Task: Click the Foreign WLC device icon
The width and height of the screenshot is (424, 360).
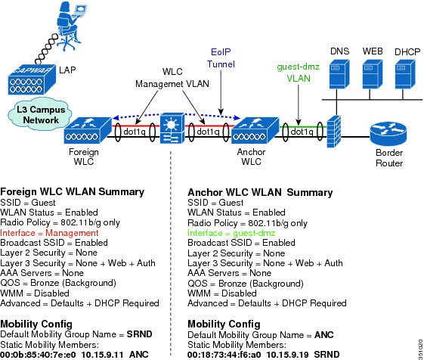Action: (x=88, y=130)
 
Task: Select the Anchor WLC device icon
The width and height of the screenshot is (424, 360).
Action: (x=255, y=130)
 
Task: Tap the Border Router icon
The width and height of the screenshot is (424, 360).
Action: (x=388, y=134)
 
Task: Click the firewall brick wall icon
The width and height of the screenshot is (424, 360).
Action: (x=334, y=132)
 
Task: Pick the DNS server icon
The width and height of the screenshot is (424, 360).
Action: (x=339, y=74)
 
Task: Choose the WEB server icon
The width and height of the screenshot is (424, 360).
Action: (x=373, y=74)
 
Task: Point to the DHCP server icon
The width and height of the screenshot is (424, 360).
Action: (x=405, y=74)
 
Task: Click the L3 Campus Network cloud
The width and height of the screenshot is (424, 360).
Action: (x=41, y=114)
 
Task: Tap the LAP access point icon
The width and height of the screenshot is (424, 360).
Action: (x=32, y=80)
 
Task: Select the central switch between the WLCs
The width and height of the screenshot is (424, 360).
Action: (x=172, y=129)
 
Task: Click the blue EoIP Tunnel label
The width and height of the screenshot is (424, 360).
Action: (x=221, y=58)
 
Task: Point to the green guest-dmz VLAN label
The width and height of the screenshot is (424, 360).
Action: (x=299, y=73)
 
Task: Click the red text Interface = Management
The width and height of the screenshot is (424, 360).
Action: (x=49, y=233)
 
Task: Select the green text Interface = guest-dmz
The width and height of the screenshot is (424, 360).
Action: (x=231, y=233)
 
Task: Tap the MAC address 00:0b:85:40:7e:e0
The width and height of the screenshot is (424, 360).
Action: (x=38, y=355)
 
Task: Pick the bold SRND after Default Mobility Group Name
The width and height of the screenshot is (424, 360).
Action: (x=140, y=334)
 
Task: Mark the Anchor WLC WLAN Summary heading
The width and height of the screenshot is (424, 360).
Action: (x=260, y=192)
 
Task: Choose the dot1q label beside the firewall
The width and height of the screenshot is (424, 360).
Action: (x=302, y=132)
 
